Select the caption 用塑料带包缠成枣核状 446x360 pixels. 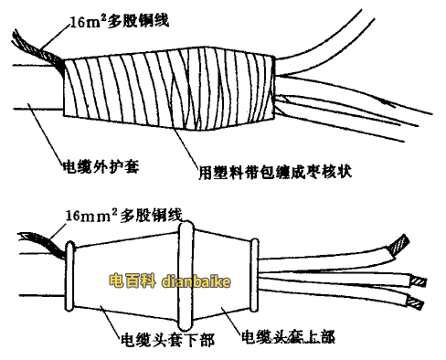click(273, 170)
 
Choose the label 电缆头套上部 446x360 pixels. click(284, 336)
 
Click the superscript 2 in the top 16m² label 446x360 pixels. click(94, 9)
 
